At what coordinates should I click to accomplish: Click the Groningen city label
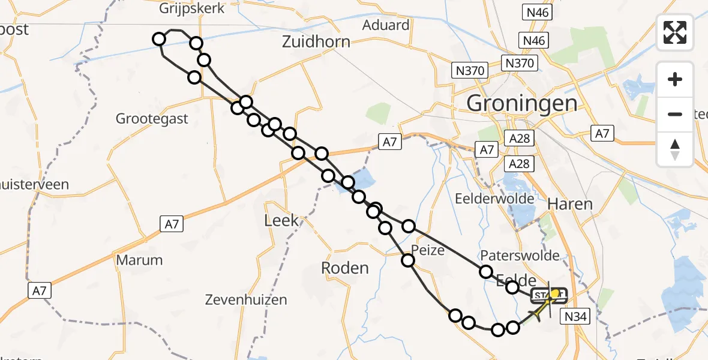pos(522,103)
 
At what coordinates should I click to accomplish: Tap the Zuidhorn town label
pos(316,42)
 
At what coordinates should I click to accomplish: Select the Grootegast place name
pos(152,119)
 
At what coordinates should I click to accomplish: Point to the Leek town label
pos(281,220)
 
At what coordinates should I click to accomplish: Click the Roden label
pos(345,268)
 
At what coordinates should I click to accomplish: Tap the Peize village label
pos(428,250)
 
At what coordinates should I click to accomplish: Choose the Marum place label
pos(140,260)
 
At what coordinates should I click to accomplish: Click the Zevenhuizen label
pos(246,299)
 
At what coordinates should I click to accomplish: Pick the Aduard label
pos(386,25)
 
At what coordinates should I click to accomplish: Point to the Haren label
pos(570,204)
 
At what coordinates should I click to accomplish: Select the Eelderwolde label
pos(495,198)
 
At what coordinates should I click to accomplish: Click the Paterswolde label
pos(520,256)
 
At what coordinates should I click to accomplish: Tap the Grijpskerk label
pos(192,8)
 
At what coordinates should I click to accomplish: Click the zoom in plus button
pos(675,79)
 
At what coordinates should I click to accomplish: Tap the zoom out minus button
pos(675,114)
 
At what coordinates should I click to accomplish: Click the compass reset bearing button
pos(675,149)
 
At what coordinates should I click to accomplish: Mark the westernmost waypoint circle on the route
pos(159,40)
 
